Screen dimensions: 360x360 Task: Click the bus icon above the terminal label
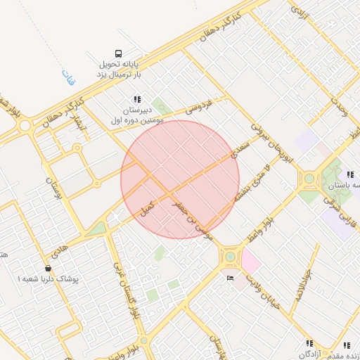pos(118,53)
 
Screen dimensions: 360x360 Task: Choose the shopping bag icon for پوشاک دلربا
pos(48,268)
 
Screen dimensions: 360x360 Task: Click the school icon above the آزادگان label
pos(309,343)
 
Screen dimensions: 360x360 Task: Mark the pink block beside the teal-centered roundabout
pos(250,263)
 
